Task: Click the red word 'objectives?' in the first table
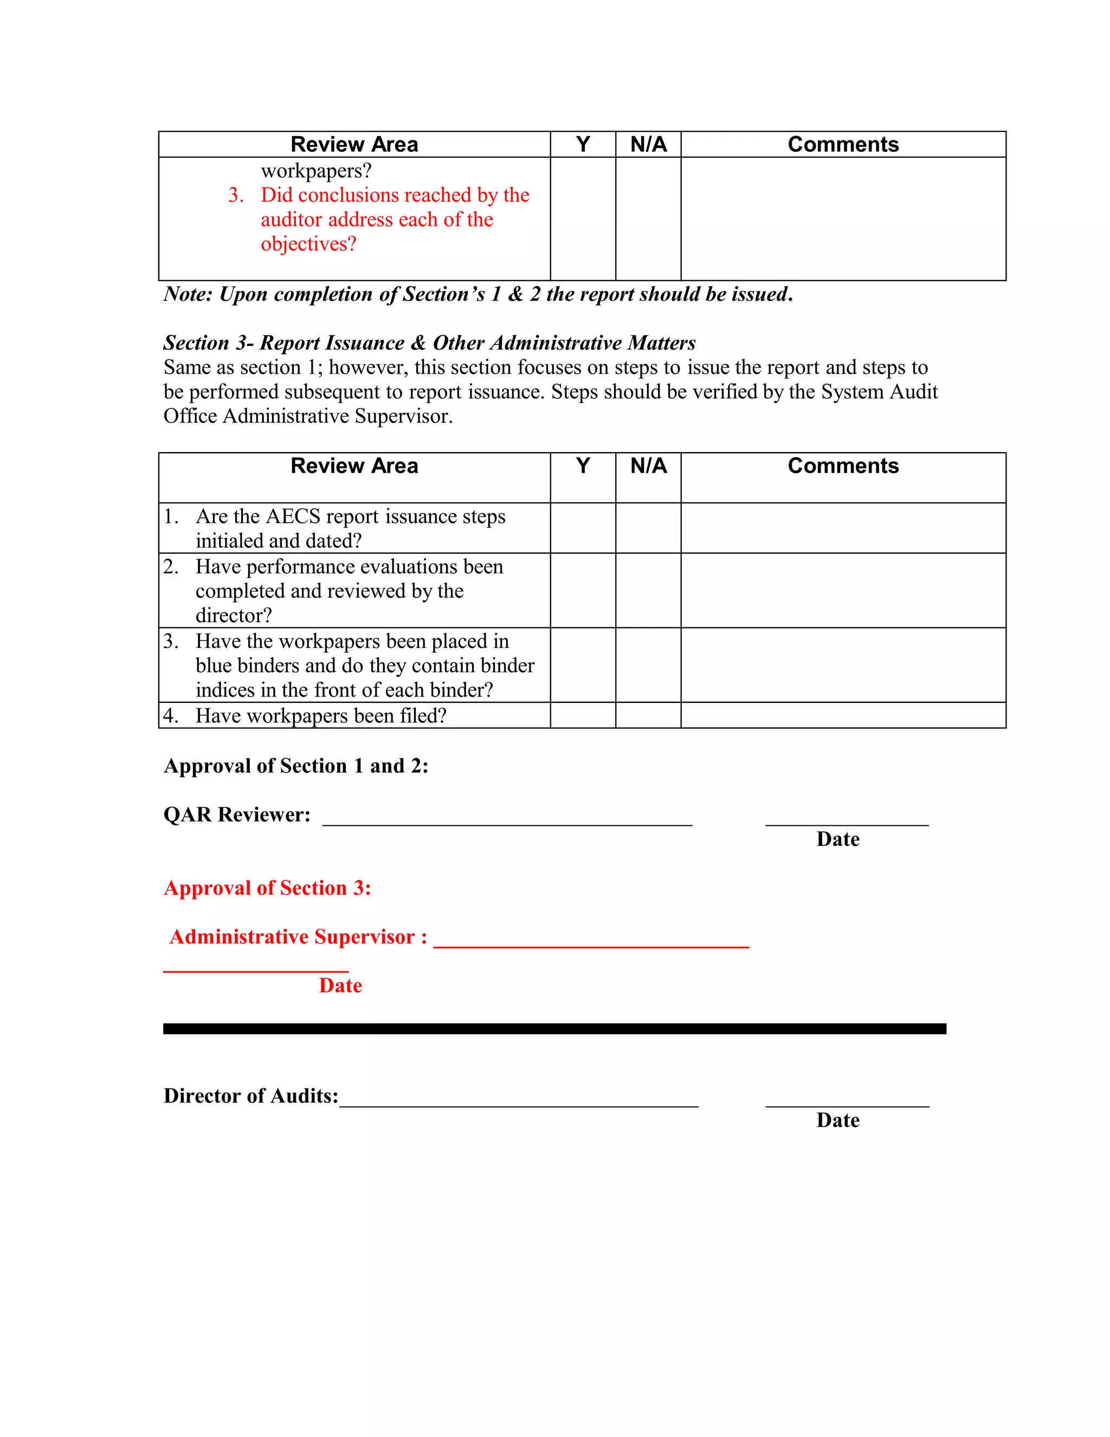pos(308,244)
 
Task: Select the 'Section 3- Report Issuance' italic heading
pos(429,343)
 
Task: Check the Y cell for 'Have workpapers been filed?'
pos(583,715)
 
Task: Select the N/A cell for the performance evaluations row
pos(648,590)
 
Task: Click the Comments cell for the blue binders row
pos(843,665)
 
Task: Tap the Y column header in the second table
pos(583,466)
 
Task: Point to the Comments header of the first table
pos(843,144)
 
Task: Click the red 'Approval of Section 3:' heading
pos(267,888)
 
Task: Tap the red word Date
pos(340,986)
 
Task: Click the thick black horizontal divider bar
pos(554,1028)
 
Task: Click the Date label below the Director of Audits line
pos(838,1120)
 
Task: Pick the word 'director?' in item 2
pos(234,615)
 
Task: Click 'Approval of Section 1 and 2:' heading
pos(296,766)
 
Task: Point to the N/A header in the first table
pos(648,144)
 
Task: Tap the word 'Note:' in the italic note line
pos(188,294)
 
